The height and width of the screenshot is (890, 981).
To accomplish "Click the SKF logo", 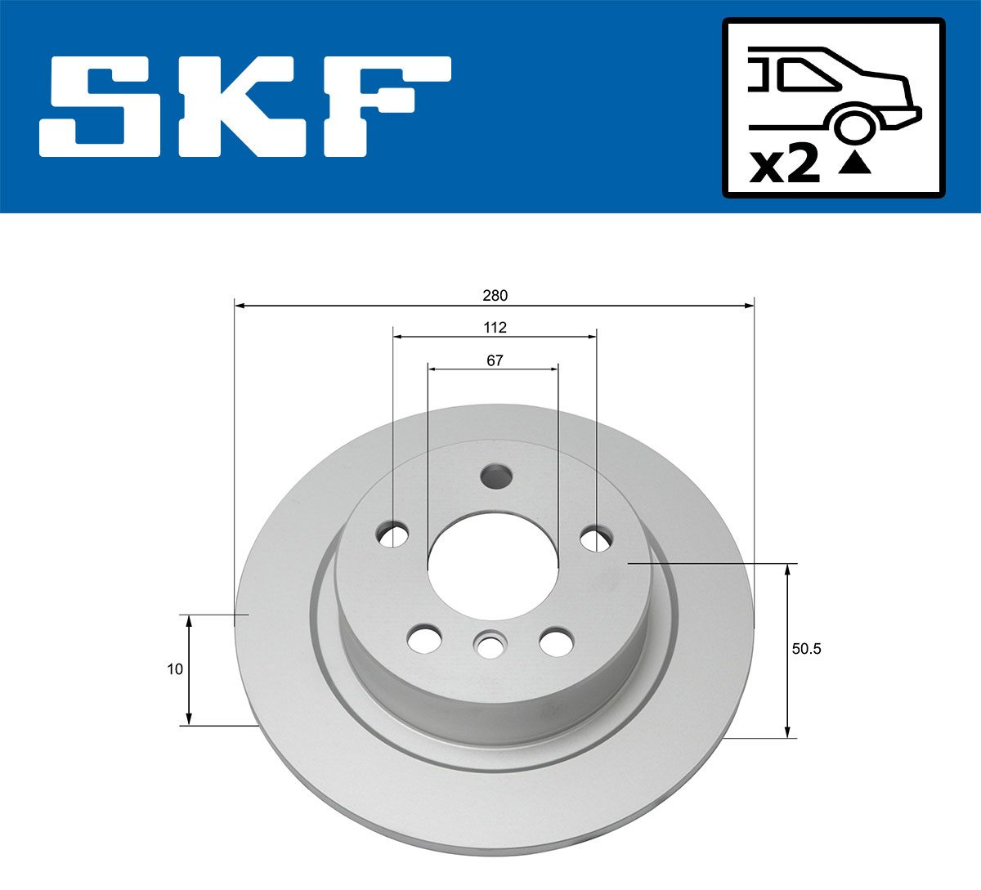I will (245, 106).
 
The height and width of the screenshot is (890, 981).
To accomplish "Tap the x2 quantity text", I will (785, 164).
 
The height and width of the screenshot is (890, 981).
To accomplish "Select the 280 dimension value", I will (495, 295).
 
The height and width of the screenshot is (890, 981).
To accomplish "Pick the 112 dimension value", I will (495, 328).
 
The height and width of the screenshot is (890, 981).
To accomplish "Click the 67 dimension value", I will (495, 360).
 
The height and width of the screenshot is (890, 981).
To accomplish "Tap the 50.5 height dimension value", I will (806, 650).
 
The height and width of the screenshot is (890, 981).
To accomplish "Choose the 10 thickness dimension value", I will (174, 669).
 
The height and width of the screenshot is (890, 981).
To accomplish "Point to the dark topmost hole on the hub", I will (495, 475).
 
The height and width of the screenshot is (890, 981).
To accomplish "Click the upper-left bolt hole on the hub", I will (393, 535).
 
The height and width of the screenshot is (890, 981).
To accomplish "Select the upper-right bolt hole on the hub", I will (596, 538).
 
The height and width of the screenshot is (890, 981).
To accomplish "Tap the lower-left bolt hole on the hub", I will (424, 638).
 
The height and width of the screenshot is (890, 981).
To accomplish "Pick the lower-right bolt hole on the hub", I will (557, 641).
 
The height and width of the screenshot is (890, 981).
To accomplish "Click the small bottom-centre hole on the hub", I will (490, 646).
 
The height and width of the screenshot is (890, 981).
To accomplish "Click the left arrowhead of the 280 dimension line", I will (240, 306).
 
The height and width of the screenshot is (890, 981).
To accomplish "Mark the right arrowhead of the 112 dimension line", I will (591, 336).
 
